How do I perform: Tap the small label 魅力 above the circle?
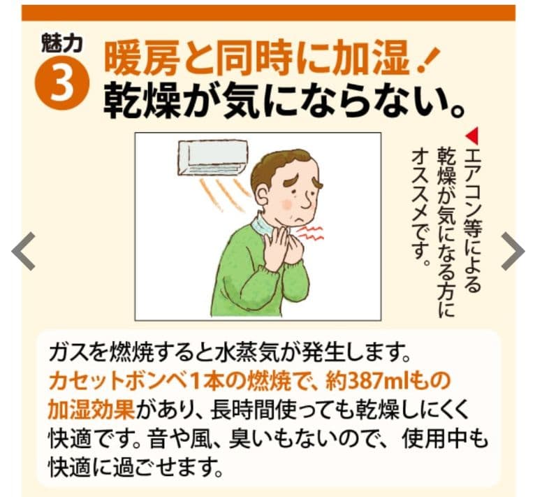coord(62,43)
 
